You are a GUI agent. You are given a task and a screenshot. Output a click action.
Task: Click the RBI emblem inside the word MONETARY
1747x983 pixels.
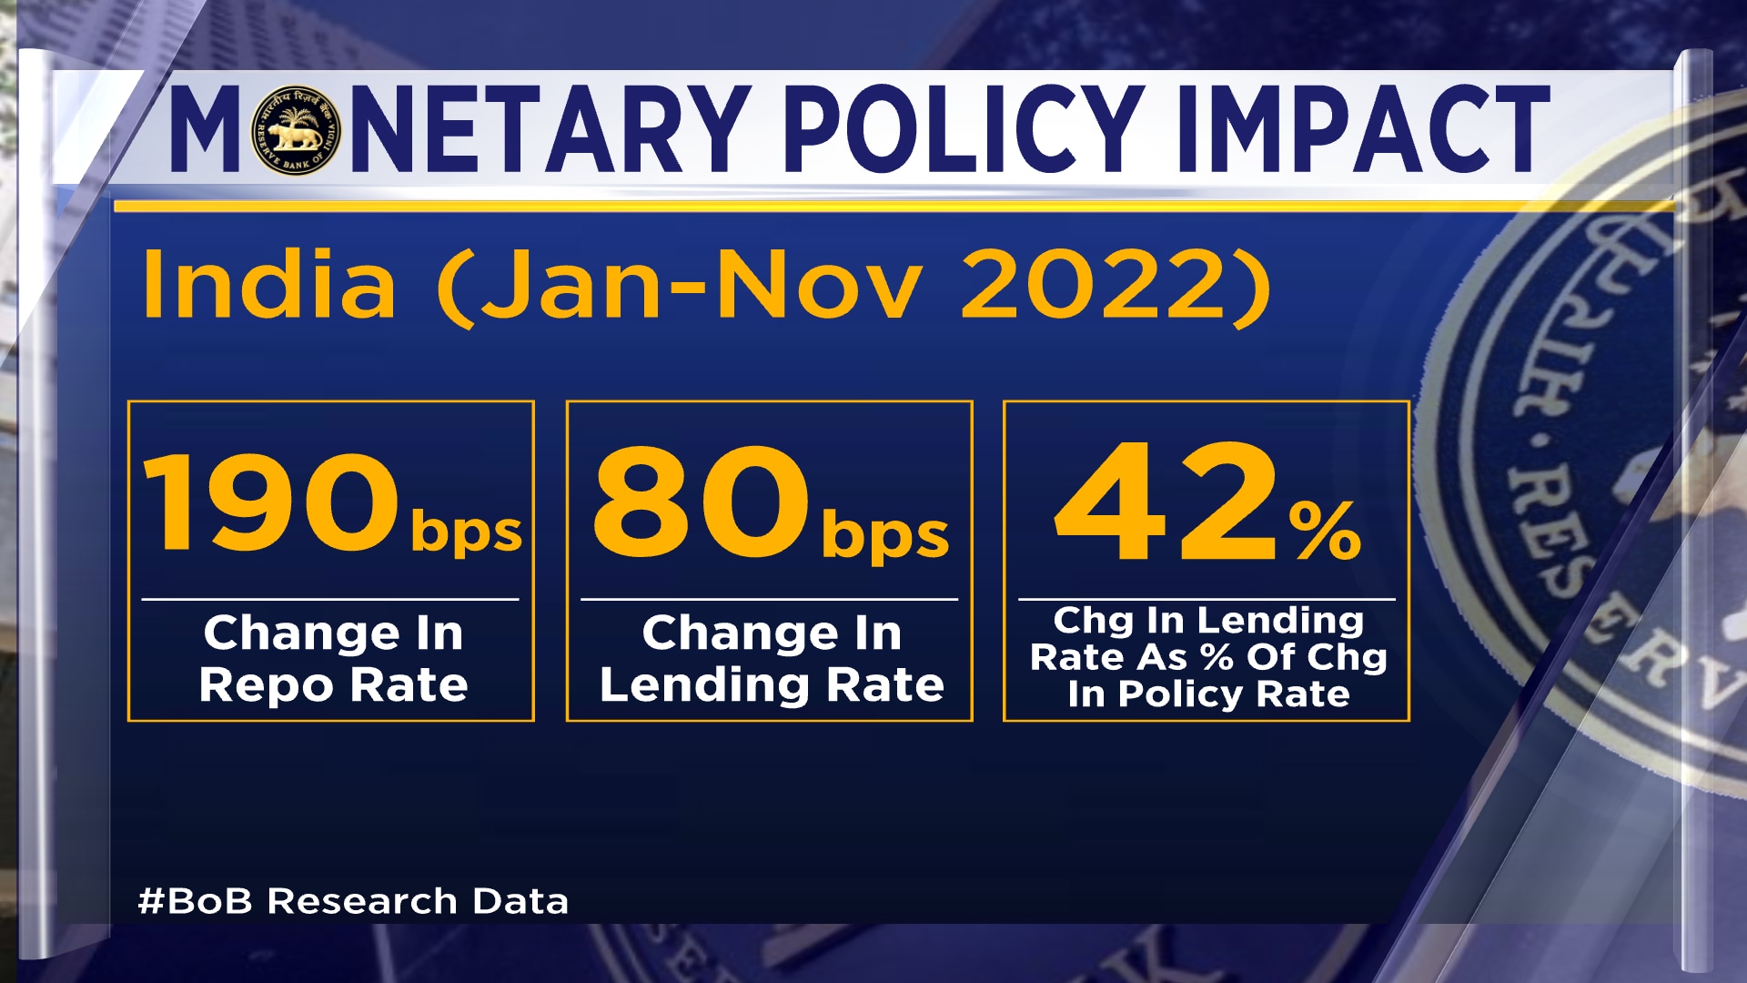click(295, 130)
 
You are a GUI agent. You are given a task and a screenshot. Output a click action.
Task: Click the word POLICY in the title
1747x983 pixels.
click(964, 130)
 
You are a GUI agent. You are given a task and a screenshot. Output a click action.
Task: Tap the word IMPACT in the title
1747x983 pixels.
click(1362, 130)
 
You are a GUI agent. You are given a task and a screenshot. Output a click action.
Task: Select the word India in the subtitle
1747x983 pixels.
click(269, 284)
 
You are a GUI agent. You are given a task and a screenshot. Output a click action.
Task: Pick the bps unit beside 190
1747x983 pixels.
click(466, 533)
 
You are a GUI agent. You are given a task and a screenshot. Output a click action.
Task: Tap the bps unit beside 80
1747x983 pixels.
click(884, 536)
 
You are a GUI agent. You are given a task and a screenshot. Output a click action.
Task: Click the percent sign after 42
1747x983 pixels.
click(1325, 532)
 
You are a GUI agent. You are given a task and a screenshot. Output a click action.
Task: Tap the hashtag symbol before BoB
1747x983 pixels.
click(150, 901)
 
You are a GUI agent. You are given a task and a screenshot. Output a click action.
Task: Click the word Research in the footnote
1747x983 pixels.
click(362, 901)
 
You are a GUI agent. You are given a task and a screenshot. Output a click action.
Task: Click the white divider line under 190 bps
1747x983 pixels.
click(330, 599)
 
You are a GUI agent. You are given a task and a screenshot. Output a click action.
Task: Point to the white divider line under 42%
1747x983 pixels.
click(1207, 599)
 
